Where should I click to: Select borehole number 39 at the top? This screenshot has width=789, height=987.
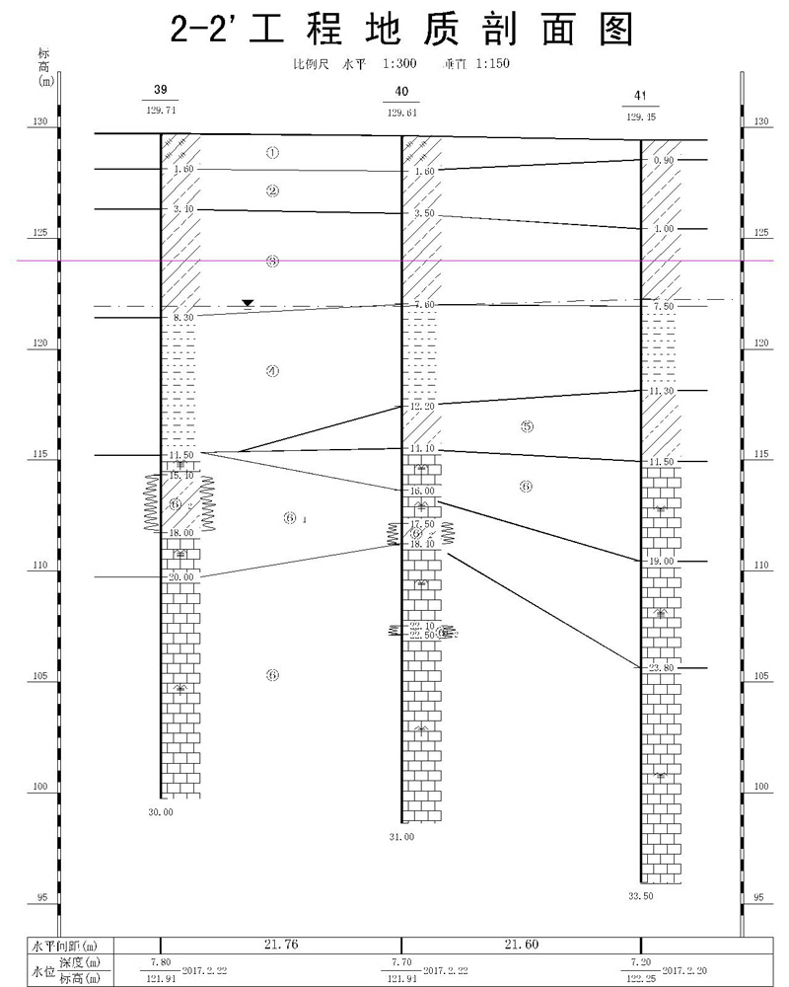pyautogui.click(x=161, y=91)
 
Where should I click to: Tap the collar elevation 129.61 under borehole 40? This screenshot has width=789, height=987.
pyautogui.click(x=401, y=113)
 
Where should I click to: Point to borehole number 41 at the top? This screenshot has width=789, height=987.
pyautogui.click(x=641, y=96)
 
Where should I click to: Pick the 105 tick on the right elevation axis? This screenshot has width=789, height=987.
pyautogui.click(x=759, y=677)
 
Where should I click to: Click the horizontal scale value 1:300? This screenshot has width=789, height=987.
pyautogui.click(x=397, y=64)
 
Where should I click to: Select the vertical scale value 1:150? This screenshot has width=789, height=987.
pyautogui.click(x=491, y=64)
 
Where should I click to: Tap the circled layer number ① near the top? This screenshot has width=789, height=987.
pyautogui.click(x=273, y=153)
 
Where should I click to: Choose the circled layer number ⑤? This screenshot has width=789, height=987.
pyautogui.click(x=526, y=426)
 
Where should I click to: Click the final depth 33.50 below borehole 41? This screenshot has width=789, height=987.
pyautogui.click(x=641, y=896)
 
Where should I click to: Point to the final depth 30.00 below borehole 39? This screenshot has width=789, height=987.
pyautogui.click(x=160, y=812)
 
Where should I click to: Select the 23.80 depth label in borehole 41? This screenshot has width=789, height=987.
pyautogui.click(x=661, y=668)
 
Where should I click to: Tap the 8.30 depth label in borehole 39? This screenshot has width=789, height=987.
pyautogui.click(x=182, y=318)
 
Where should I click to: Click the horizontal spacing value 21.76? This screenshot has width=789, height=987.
pyautogui.click(x=281, y=945)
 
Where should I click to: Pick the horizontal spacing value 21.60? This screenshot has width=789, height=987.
pyautogui.click(x=521, y=945)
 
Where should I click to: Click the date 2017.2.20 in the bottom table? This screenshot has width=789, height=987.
pyautogui.click(x=686, y=970)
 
